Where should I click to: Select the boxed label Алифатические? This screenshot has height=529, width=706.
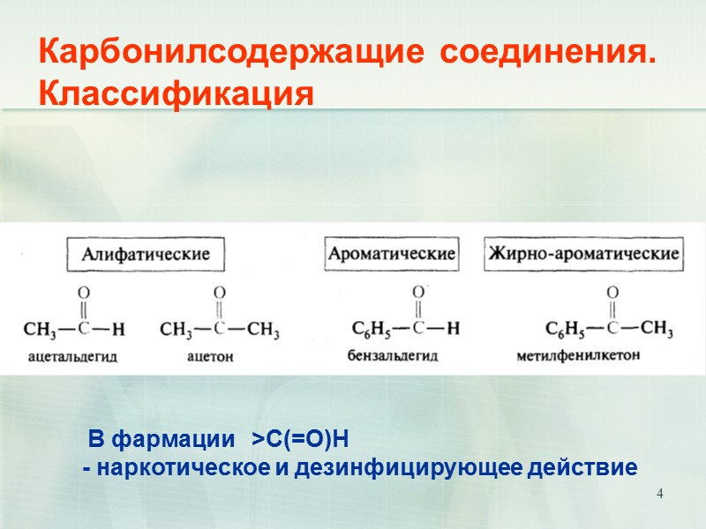point(146,255)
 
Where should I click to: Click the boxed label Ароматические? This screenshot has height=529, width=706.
point(392,254)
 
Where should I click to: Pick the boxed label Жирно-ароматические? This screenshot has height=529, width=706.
point(585,254)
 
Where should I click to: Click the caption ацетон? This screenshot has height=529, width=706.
point(209,358)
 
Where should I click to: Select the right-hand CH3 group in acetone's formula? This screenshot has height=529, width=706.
point(263,331)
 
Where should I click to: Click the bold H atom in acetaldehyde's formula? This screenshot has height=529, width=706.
point(119,331)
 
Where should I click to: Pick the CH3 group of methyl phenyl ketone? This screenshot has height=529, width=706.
point(657,330)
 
